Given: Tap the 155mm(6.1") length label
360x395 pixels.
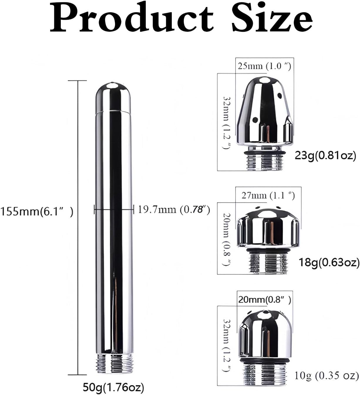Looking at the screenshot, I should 36,211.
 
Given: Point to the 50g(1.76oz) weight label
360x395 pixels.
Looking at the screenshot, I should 114,387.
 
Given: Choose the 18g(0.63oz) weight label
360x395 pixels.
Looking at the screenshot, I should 329,262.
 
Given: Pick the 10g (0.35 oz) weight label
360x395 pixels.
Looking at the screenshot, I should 327,375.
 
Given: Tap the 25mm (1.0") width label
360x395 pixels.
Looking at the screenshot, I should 264,66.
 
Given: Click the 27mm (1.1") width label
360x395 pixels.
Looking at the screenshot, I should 268,195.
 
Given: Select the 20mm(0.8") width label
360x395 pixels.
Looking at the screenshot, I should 265,300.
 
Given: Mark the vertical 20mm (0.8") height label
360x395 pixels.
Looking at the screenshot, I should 227,240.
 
